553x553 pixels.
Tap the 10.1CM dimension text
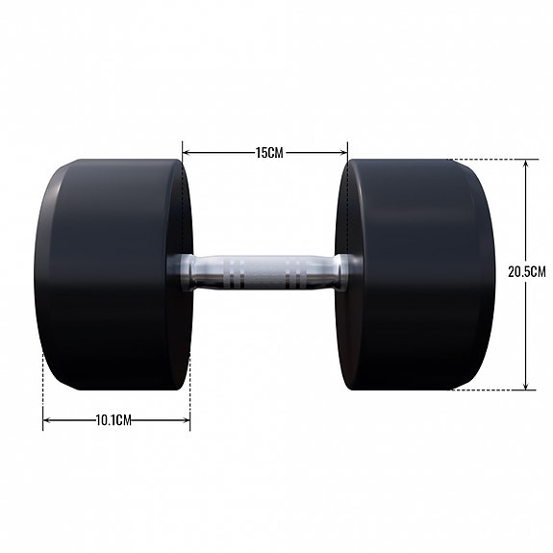coord(113,420)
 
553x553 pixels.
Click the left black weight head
coord(111,274)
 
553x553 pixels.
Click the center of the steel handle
coord(264,272)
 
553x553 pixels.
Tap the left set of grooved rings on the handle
coord(236,272)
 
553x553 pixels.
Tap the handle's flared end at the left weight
coord(180,272)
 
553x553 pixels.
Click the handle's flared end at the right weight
coord(343,272)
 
